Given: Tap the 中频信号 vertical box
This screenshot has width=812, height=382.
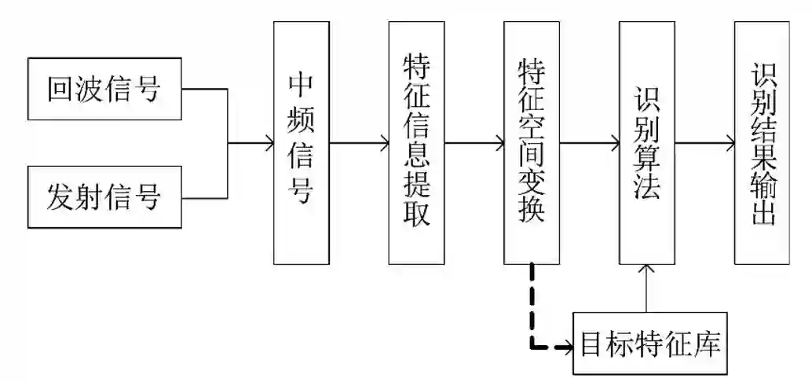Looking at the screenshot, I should pos(301,142).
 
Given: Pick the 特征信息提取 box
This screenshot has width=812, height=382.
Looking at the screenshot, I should pos(416,142).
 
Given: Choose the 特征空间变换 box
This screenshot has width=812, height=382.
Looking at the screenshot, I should pos(532,142).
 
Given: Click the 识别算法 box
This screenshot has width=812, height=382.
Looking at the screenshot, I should pos(647,142).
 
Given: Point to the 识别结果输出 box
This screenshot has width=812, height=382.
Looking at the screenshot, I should pos(763,142).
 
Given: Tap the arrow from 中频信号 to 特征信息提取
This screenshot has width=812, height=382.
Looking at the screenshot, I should pos(359,143).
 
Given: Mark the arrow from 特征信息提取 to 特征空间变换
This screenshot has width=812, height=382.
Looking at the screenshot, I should pos(474,143).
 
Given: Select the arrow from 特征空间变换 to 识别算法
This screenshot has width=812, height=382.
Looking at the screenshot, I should pos(590,143).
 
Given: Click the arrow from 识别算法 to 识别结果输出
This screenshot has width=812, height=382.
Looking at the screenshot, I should pos(705,143).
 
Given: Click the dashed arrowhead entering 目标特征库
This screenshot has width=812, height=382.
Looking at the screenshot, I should pos(568,345).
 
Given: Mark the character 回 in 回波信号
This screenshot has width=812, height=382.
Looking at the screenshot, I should pos(60,89).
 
